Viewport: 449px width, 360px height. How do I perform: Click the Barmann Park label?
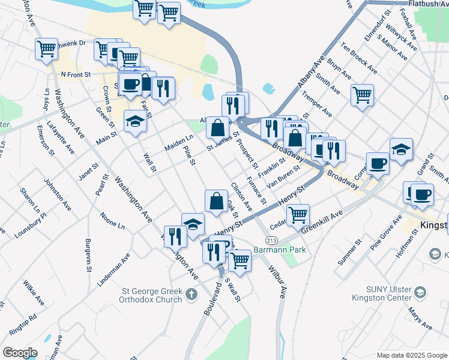[279, 250]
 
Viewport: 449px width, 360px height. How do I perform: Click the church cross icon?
[191, 294]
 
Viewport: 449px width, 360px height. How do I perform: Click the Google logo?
[20, 353]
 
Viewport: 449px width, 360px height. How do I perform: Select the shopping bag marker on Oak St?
[216, 201]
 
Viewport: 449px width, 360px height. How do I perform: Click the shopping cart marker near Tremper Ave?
[362, 94]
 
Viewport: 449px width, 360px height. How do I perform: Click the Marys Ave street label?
[420, 319]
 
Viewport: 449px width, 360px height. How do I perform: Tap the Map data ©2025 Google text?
[411, 355]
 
